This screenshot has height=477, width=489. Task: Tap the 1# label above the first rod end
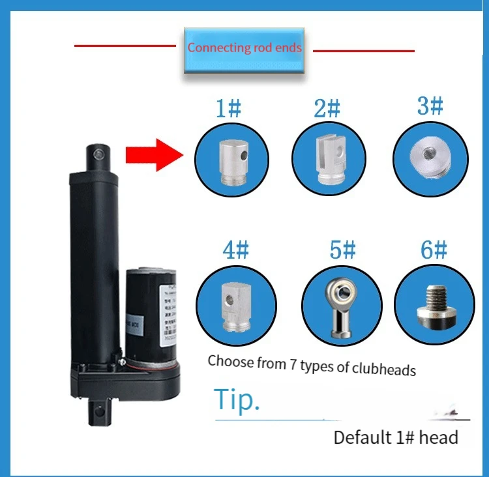click(x=228, y=108)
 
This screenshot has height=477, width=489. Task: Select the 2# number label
click(x=327, y=108)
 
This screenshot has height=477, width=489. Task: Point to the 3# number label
click(x=430, y=106)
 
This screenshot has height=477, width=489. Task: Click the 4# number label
click(x=235, y=250)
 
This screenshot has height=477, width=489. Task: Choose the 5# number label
click(x=342, y=250)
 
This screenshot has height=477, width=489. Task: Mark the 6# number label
click(x=434, y=250)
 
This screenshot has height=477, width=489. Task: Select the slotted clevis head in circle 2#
click(x=328, y=160)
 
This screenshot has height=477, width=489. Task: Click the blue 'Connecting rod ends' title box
click(x=244, y=49)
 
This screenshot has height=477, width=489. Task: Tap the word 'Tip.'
click(x=237, y=400)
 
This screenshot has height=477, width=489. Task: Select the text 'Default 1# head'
click(x=396, y=437)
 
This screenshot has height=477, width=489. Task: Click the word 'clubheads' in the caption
click(x=384, y=369)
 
